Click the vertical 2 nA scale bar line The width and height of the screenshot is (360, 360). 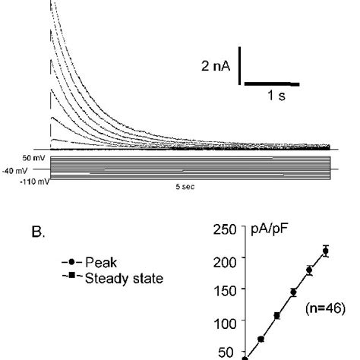click(240, 65)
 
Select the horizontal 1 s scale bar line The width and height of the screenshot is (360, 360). click(270, 84)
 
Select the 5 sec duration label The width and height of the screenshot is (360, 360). click(187, 185)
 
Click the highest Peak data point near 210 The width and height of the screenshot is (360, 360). click(326, 251)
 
